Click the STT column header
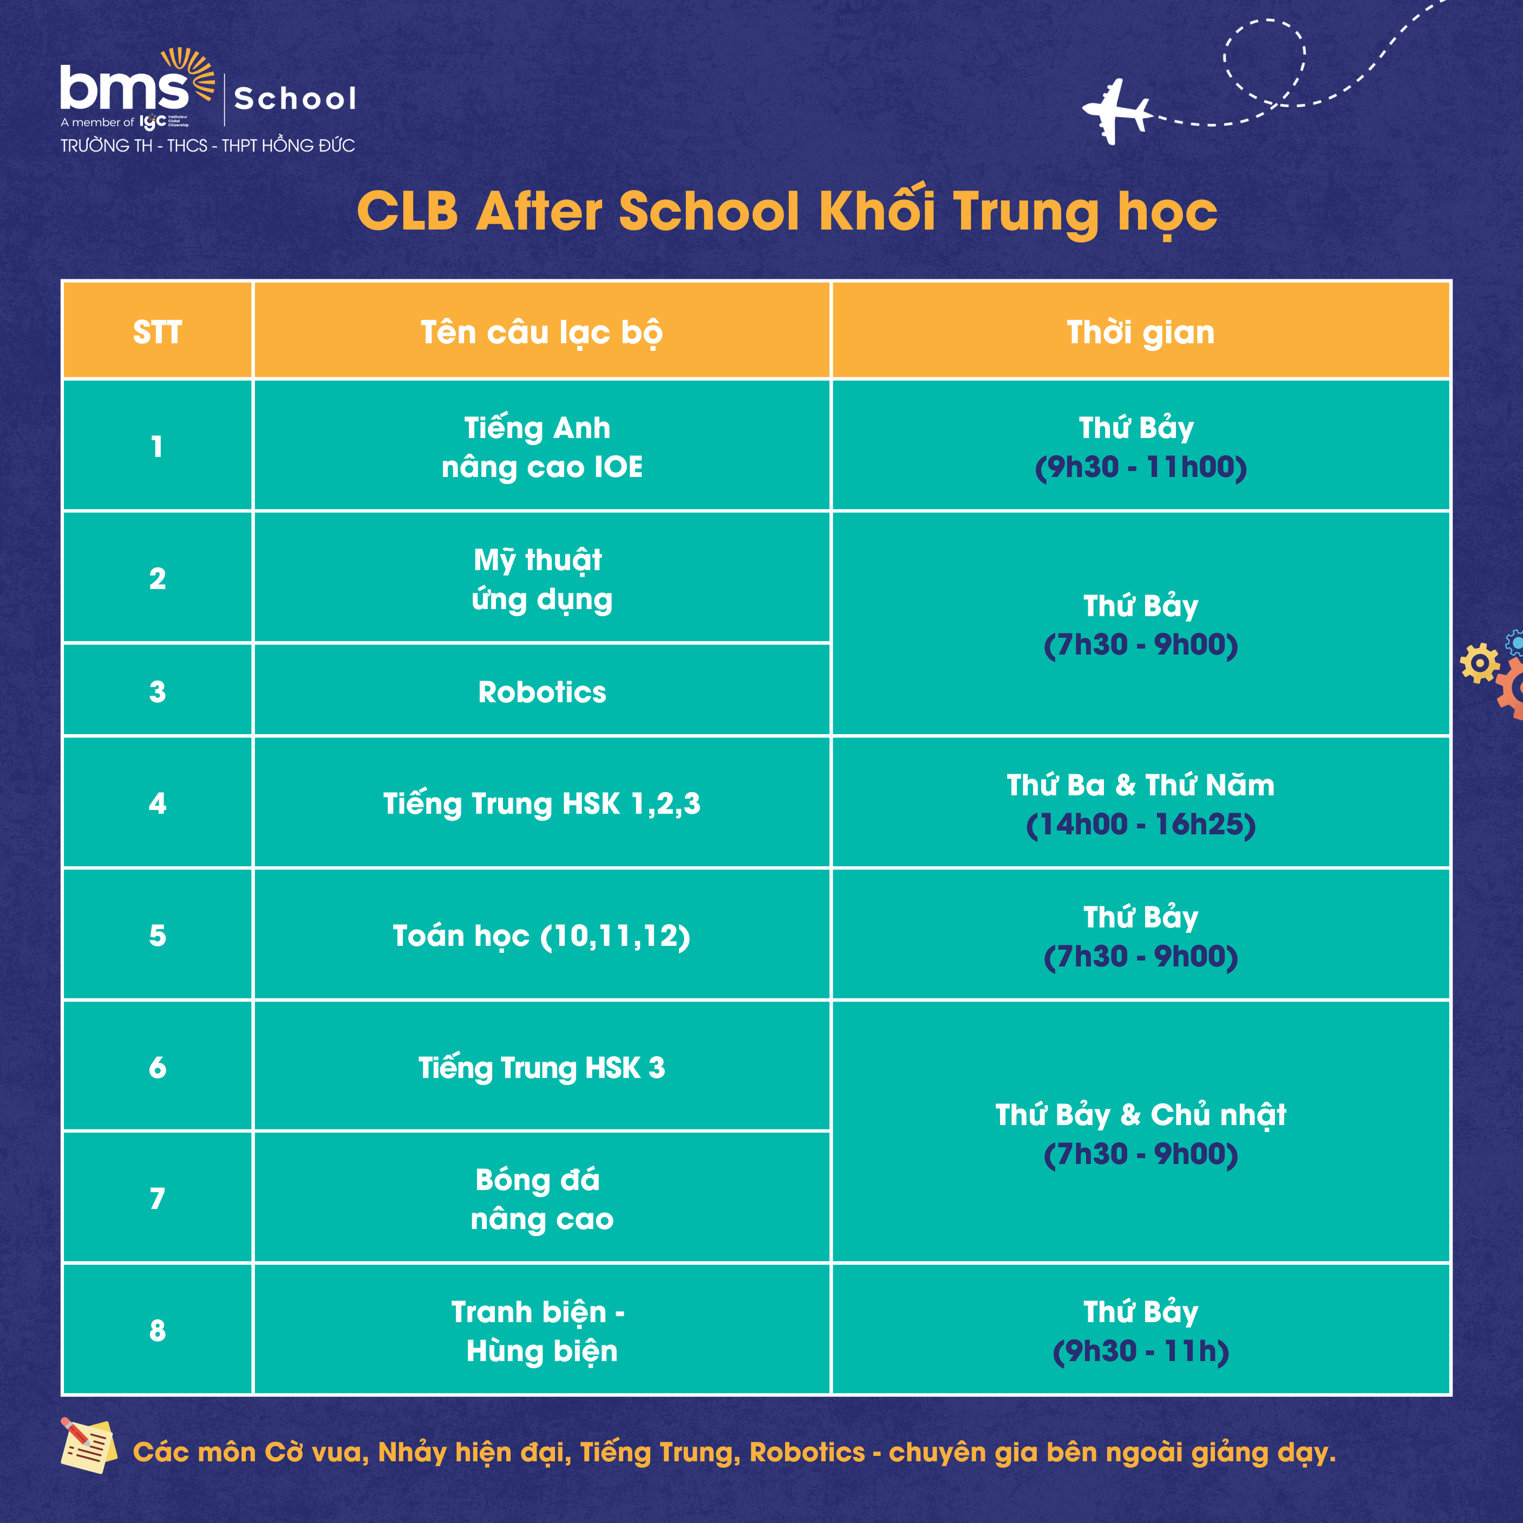158,332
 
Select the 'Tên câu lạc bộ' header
541,332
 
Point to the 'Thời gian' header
1141,332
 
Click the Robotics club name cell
541,691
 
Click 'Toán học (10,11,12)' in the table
541,936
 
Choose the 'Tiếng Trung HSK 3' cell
541,1067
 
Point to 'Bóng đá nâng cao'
541,1199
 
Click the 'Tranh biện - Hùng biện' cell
541,1331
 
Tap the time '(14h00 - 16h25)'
1141,824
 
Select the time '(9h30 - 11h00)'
1141,467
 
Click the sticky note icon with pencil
88,1445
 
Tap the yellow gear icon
1480,662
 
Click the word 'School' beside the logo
296,99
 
